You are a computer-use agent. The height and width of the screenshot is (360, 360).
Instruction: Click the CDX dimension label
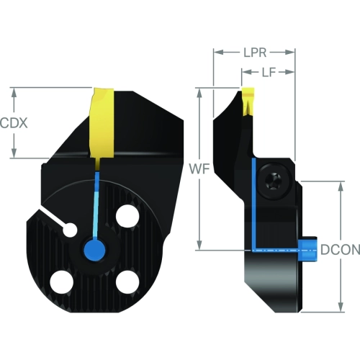coord(14,123)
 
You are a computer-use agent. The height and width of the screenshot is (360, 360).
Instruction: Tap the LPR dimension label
coord(255,53)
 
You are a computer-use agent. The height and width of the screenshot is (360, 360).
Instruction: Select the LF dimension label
coord(269,72)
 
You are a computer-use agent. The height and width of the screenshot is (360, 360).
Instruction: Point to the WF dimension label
coord(199,168)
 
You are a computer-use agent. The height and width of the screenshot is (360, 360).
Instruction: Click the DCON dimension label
coord(341,250)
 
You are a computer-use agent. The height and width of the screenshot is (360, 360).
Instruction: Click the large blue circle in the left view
coord(94,250)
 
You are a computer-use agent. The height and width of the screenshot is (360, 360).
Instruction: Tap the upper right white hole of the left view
coord(127,216)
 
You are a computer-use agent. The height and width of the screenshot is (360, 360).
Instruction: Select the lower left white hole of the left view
coord(61,282)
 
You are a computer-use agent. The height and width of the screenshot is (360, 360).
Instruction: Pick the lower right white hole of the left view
coord(127,282)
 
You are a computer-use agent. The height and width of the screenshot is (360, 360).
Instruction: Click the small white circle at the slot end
coord(70,230)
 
